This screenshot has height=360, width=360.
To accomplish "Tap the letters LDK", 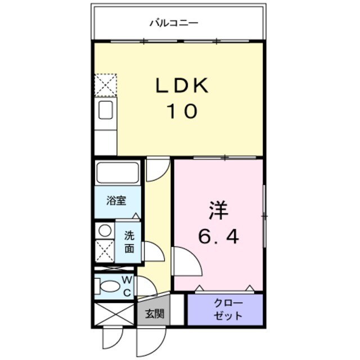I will pyautogui.click(x=182, y=86).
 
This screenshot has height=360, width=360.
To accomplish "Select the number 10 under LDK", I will pyautogui.click(x=181, y=111).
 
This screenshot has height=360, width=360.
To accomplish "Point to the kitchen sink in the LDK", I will pyautogui.click(x=106, y=110).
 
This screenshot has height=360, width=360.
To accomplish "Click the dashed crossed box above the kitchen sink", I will pyautogui.click(x=105, y=85).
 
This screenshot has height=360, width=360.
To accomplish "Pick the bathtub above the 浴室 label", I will pyautogui.click(x=118, y=172).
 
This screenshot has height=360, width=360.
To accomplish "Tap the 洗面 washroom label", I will pyautogui.click(x=129, y=242).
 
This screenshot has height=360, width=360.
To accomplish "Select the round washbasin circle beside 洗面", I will pyautogui.click(x=104, y=230).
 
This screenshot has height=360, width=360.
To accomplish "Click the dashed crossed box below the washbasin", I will pyautogui.click(x=104, y=250).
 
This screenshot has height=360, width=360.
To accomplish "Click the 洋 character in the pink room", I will pyautogui.click(x=218, y=211).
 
